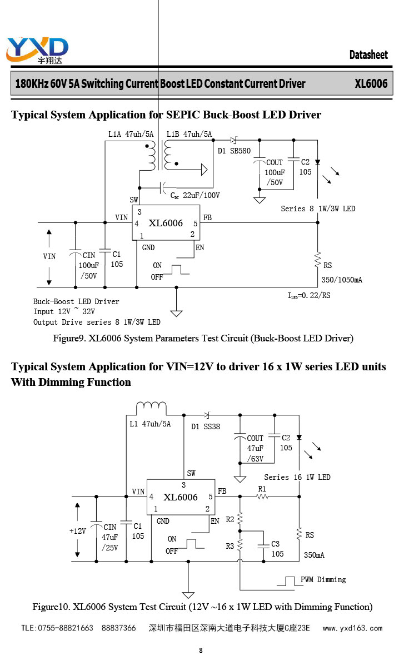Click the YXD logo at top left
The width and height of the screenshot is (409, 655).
tap(37, 50)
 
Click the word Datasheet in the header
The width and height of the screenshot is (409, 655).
tap(368, 54)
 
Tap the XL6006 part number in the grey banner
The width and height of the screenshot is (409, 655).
tap(371, 83)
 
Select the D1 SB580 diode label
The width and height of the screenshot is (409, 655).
tap(234, 151)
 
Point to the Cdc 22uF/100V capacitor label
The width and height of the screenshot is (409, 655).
tap(195, 195)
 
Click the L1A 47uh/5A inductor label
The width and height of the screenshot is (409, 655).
tap(131, 134)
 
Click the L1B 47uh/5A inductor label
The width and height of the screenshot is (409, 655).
tap(189, 134)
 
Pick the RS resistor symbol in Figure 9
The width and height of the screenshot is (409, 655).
tap(318, 260)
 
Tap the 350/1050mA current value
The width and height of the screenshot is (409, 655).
tap(342, 280)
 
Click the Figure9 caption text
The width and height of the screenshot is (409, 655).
tap(203, 338)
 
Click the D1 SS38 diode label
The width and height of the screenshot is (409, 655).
tap(206, 426)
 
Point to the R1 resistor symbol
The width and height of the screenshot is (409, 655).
tap(262, 497)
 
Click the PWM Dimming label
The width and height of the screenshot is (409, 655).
tap(323, 579)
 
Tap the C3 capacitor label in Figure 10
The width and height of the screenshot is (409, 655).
tap(276, 544)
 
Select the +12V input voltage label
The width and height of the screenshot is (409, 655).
tap(78, 531)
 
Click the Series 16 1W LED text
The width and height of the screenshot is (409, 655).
tap(297, 477)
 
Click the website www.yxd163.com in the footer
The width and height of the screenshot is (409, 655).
tap(353, 628)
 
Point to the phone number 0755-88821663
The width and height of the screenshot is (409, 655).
tap(66, 628)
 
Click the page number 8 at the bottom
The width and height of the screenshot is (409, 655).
tap(201, 650)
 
